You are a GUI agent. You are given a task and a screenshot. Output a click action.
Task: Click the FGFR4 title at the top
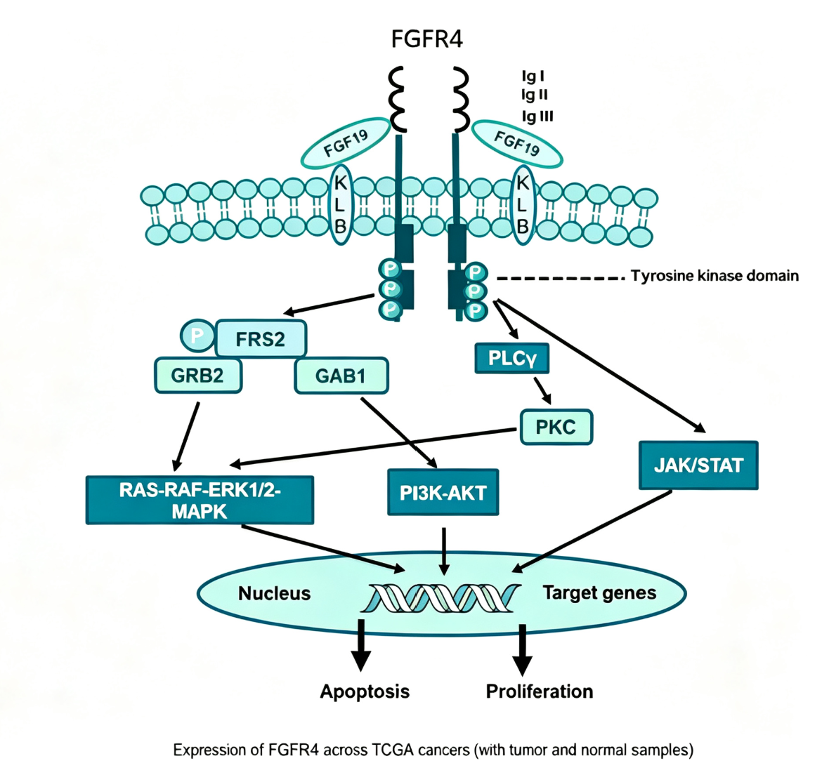point(426,39)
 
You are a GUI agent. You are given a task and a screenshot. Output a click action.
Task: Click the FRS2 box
point(261,338)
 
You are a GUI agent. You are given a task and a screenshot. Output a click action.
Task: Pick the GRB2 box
point(197,376)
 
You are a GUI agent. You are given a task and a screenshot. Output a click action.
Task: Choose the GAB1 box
point(341,376)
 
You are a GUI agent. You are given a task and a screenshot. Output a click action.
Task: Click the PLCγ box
point(511,358)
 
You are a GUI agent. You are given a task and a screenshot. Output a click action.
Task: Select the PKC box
point(556,427)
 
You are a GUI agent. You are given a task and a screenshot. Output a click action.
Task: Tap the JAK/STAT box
point(698,465)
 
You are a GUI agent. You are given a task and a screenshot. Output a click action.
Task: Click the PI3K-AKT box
point(443,492)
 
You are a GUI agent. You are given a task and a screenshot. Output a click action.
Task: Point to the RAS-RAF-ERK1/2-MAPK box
point(200,501)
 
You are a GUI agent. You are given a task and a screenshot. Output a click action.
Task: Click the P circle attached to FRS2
point(197,336)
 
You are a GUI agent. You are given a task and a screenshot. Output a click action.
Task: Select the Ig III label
point(537,116)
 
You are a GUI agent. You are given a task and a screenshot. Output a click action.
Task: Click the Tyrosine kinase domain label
point(714,276)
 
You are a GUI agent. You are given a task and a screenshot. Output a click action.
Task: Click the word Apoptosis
point(365,691)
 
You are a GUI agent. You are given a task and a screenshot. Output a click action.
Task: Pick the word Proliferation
point(540,691)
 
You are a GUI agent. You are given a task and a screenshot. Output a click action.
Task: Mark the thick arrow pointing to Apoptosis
point(362,644)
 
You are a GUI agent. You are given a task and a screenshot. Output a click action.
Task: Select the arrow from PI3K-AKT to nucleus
point(444,551)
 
